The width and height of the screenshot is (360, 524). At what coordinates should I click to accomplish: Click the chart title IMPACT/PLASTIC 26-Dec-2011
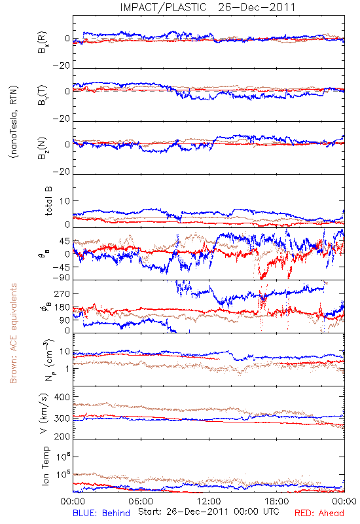(207, 7)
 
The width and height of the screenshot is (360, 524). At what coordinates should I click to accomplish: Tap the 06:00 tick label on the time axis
(141, 501)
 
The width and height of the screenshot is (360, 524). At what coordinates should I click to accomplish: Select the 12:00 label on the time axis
(209, 501)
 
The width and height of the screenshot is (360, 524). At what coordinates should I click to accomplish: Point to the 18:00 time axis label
(277, 501)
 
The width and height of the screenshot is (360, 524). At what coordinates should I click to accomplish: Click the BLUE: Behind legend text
(101, 513)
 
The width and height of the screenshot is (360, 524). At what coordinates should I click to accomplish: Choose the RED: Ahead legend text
(319, 513)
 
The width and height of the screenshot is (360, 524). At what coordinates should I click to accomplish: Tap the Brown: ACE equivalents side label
(13, 333)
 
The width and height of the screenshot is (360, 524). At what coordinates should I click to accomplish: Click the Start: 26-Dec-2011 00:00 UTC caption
(208, 512)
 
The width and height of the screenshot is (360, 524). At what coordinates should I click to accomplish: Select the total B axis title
(48, 201)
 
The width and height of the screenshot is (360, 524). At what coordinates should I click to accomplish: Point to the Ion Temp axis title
(45, 466)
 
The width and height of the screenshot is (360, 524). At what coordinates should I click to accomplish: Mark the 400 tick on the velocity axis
(62, 397)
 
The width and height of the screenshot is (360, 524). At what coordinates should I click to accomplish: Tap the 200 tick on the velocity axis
(62, 436)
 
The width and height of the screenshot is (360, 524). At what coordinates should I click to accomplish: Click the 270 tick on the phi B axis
(62, 293)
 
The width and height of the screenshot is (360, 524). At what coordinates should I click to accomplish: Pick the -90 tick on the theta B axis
(62, 278)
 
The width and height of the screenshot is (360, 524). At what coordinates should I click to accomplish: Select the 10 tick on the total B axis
(65, 201)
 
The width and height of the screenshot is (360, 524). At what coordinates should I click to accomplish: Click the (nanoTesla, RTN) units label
(14, 122)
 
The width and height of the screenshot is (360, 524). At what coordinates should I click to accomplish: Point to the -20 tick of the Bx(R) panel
(62, 66)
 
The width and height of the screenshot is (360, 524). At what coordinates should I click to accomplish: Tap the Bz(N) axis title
(43, 148)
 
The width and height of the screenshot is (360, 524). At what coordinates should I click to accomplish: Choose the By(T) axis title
(43, 95)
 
